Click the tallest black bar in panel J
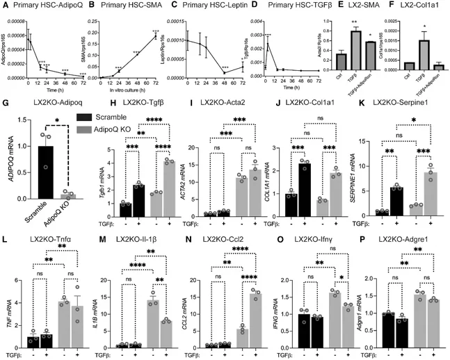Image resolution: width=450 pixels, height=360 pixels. click(284, 181)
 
